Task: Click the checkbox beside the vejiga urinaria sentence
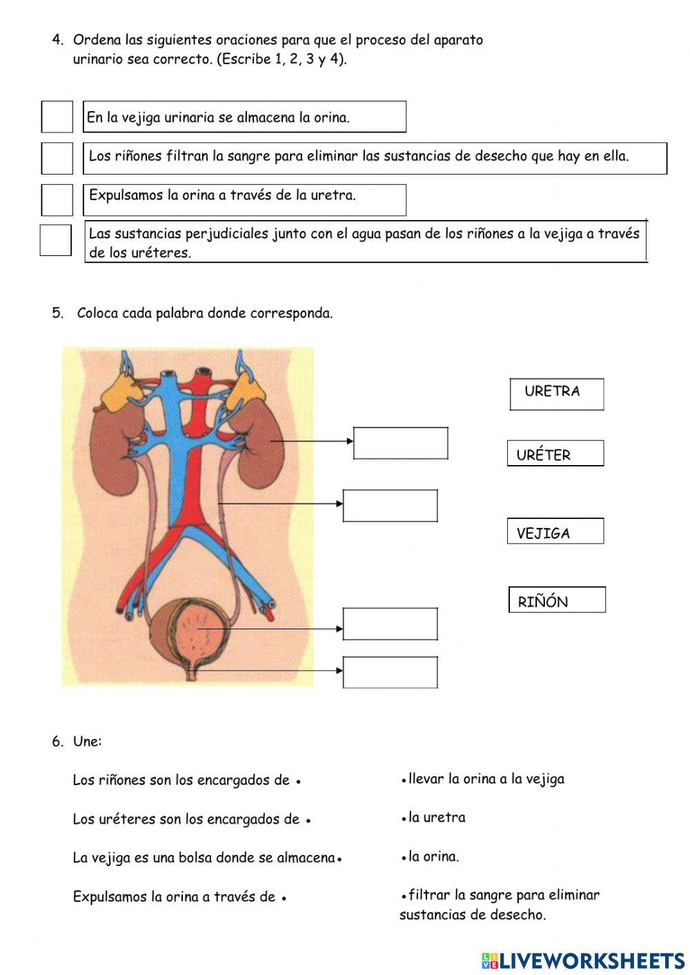(x=57, y=117)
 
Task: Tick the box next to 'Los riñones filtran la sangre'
(x=57, y=158)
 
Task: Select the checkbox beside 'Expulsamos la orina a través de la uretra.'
(x=57, y=200)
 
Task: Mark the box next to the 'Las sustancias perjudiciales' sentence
(x=55, y=240)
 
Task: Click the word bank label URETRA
(x=556, y=394)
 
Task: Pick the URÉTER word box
(x=555, y=453)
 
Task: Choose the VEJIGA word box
(x=555, y=531)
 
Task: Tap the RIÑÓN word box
(x=557, y=600)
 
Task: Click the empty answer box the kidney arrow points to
(x=400, y=443)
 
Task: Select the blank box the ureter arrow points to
(x=390, y=506)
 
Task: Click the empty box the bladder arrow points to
(x=390, y=624)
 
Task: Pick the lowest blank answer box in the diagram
(x=390, y=672)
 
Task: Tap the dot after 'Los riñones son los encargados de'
(x=298, y=782)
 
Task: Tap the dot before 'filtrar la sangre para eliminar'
(x=403, y=896)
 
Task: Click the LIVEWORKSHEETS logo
(x=583, y=960)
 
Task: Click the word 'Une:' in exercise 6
(x=87, y=742)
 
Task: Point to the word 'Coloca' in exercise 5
(x=97, y=313)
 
